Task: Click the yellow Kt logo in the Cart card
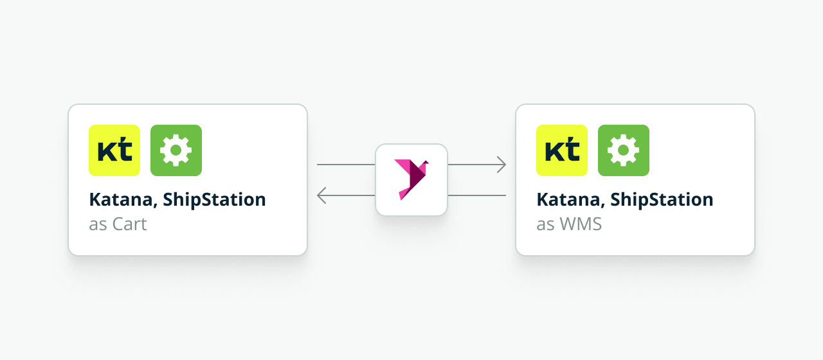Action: point(114,150)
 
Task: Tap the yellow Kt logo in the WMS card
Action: point(562,150)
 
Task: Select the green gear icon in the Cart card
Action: point(176,150)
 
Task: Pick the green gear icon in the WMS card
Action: point(624,150)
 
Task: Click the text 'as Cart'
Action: point(118,224)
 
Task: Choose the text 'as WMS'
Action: point(569,224)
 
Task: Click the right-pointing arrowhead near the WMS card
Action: point(502,165)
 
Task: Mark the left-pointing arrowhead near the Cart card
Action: point(321,195)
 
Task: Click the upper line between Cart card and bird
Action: point(346,165)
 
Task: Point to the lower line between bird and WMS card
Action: point(477,195)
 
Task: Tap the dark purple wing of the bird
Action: point(417,175)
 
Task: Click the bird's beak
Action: point(426,161)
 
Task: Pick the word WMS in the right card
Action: point(581,224)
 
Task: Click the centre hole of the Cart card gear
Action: point(176,150)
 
